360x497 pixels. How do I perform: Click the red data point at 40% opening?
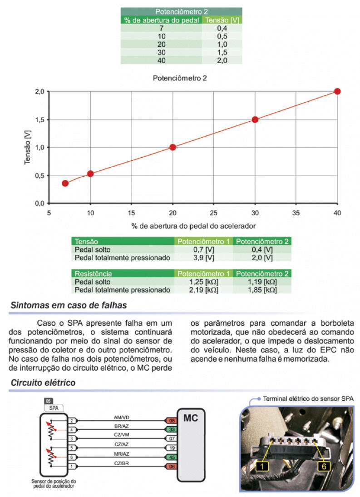pos(337,91)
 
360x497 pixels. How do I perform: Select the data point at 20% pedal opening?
pos(173,147)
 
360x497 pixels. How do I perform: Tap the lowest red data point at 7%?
pos(65,183)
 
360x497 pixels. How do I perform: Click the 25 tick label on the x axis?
pos(213,213)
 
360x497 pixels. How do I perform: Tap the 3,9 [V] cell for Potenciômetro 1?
pos(203,258)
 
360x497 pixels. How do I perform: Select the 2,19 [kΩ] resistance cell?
pos(203,290)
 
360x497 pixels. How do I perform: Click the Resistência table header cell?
pos(123,273)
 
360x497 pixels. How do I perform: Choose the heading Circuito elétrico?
pos(43,383)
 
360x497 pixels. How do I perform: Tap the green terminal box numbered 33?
pos(172,429)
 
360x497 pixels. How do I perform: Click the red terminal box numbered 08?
pos(172,421)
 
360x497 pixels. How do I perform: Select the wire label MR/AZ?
pos(122,454)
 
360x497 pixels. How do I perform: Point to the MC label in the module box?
pos(191,417)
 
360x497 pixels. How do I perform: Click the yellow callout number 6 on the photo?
pos(324,466)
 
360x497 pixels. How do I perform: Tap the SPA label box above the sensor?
pos(54,408)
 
